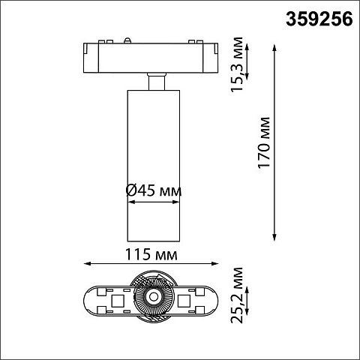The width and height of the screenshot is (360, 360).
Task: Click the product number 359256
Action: [x=319, y=19]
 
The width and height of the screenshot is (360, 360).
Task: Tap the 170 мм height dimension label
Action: [x=264, y=142]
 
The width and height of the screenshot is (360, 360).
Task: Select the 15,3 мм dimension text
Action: [x=237, y=64]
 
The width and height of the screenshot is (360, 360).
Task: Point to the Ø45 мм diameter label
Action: [x=154, y=190]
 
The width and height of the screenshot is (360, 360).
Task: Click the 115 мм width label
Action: [x=151, y=254]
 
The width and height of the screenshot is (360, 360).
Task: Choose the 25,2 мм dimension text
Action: [x=237, y=295]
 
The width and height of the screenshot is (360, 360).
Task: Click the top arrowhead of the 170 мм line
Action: [x=274, y=48]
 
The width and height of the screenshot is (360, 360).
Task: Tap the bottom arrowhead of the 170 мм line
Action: [x=274, y=237]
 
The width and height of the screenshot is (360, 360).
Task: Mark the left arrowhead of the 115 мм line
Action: [x=87, y=263]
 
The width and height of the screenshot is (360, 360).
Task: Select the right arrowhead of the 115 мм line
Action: [x=214, y=263]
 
